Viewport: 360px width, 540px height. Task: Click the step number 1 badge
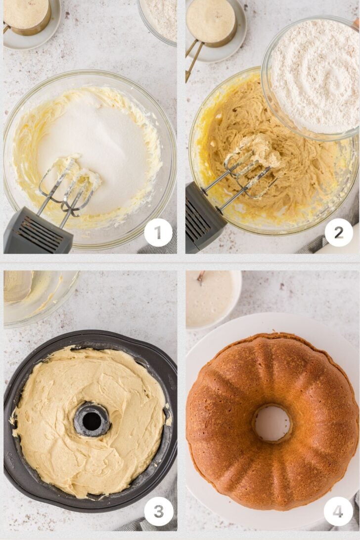point(158,232)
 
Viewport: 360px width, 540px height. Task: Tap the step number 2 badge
point(339,232)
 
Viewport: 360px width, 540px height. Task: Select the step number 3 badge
point(158,511)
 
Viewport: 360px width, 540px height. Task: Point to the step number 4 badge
point(338,511)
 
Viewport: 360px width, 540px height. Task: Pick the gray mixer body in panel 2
point(203,218)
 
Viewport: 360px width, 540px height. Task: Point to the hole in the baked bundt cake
point(272,423)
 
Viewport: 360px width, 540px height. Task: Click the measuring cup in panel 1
point(27,17)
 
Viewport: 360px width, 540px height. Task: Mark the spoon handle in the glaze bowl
point(200,277)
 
